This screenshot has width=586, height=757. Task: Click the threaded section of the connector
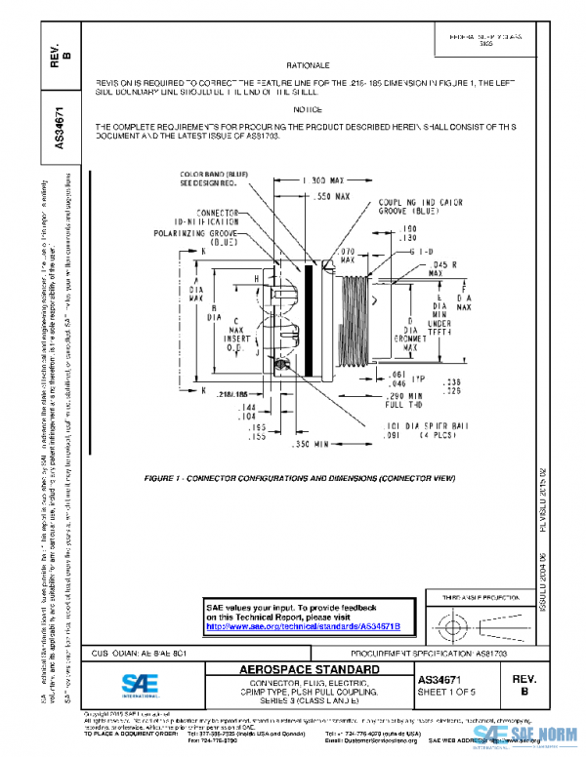[360, 314]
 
